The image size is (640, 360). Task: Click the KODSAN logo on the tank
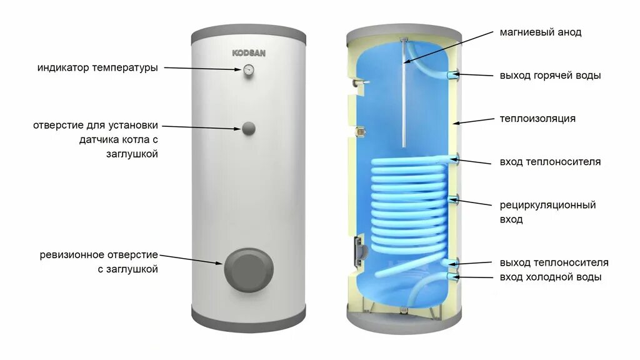coord(249,53)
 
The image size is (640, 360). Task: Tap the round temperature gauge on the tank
coord(249,69)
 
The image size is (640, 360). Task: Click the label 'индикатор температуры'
coord(97,67)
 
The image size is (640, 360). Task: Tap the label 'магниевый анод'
coord(541,32)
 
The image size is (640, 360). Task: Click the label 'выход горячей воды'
coord(550,76)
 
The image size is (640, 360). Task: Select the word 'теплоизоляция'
coord(537,118)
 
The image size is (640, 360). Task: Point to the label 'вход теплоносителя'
coord(550,162)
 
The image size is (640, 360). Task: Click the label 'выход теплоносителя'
coord(554,262)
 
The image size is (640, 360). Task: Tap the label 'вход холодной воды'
coord(551,277)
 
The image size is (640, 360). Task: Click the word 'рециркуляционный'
coord(547,205)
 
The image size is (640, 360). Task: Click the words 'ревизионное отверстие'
coord(99,255)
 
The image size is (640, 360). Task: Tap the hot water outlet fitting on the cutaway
coord(453,75)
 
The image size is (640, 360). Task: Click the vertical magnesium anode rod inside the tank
coord(405,100)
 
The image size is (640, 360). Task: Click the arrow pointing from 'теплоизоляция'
coord(475,121)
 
